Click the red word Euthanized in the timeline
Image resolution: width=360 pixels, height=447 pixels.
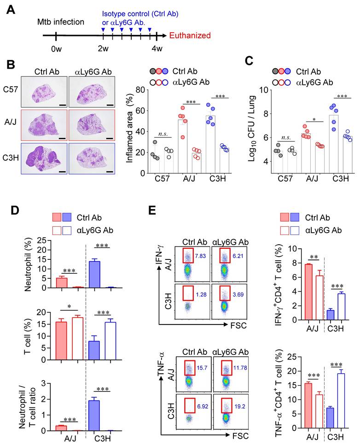pyautogui.click(x=190, y=35)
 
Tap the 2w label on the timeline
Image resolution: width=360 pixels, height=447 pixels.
pyautogui.click(x=103, y=48)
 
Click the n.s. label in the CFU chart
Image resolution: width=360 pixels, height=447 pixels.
pyautogui.click(x=278, y=137)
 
